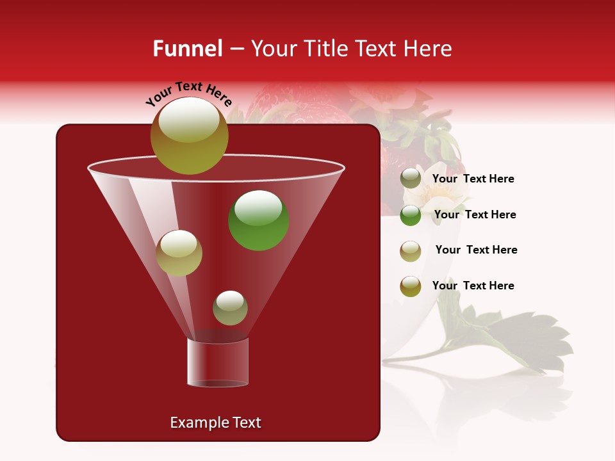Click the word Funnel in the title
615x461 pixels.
pos(187,49)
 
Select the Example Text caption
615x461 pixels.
pos(215,423)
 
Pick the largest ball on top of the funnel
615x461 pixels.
pos(189,136)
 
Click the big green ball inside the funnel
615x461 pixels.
pos(258,220)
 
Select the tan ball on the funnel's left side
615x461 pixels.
pos(179,253)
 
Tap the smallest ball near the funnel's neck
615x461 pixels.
pos(230,307)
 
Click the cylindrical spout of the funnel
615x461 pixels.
pos(217,362)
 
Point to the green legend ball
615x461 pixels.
pos(411,215)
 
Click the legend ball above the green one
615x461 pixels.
pos(411,179)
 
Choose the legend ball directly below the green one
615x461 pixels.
pos(411,251)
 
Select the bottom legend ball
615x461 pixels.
pos(411,286)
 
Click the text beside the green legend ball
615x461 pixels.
pos(475,214)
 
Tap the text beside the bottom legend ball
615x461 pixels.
pos(473,286)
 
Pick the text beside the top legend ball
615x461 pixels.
pos(473,179)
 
